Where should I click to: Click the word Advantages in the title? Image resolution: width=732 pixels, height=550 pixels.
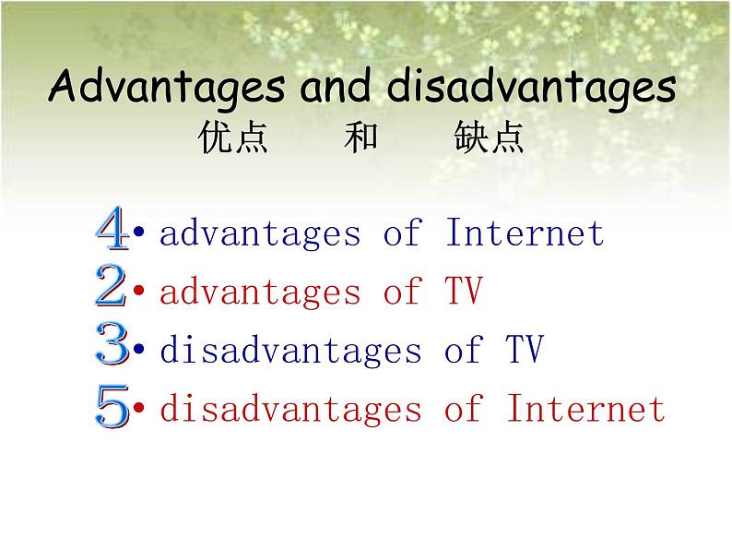click(167, 88)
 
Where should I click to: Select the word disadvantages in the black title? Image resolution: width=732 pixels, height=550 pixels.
click(531, 88)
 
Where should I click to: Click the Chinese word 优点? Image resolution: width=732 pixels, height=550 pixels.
click(233, 137)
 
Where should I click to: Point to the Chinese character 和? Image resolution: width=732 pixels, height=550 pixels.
click(360, 137)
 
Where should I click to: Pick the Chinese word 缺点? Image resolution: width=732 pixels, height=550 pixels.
click(489, 137)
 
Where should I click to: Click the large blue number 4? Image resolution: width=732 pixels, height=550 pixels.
click(112, 228)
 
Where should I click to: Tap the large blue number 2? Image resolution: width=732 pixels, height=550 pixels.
click(111, 285)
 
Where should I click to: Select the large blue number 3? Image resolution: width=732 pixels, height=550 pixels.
click(112, 343)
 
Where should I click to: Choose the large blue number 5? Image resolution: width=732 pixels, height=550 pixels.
click(112, 406)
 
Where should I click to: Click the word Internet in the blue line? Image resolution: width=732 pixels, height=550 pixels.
click(525, 233)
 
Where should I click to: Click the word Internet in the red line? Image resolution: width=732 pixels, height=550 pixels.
click(586, 408)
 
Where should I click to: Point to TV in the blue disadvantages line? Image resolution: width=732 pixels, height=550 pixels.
click(525, 349)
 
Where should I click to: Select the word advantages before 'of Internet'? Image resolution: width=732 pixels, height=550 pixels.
click(260, 233)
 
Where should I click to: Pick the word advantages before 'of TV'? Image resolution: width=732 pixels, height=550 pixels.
click(260, 292)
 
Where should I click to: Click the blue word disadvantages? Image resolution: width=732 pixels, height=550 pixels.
click(290, 350)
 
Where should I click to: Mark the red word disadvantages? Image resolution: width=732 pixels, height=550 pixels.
click(290, 409)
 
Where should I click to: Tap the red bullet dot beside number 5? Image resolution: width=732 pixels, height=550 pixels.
click(138, 407)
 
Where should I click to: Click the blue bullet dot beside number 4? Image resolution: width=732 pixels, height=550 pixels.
click(138, 232)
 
